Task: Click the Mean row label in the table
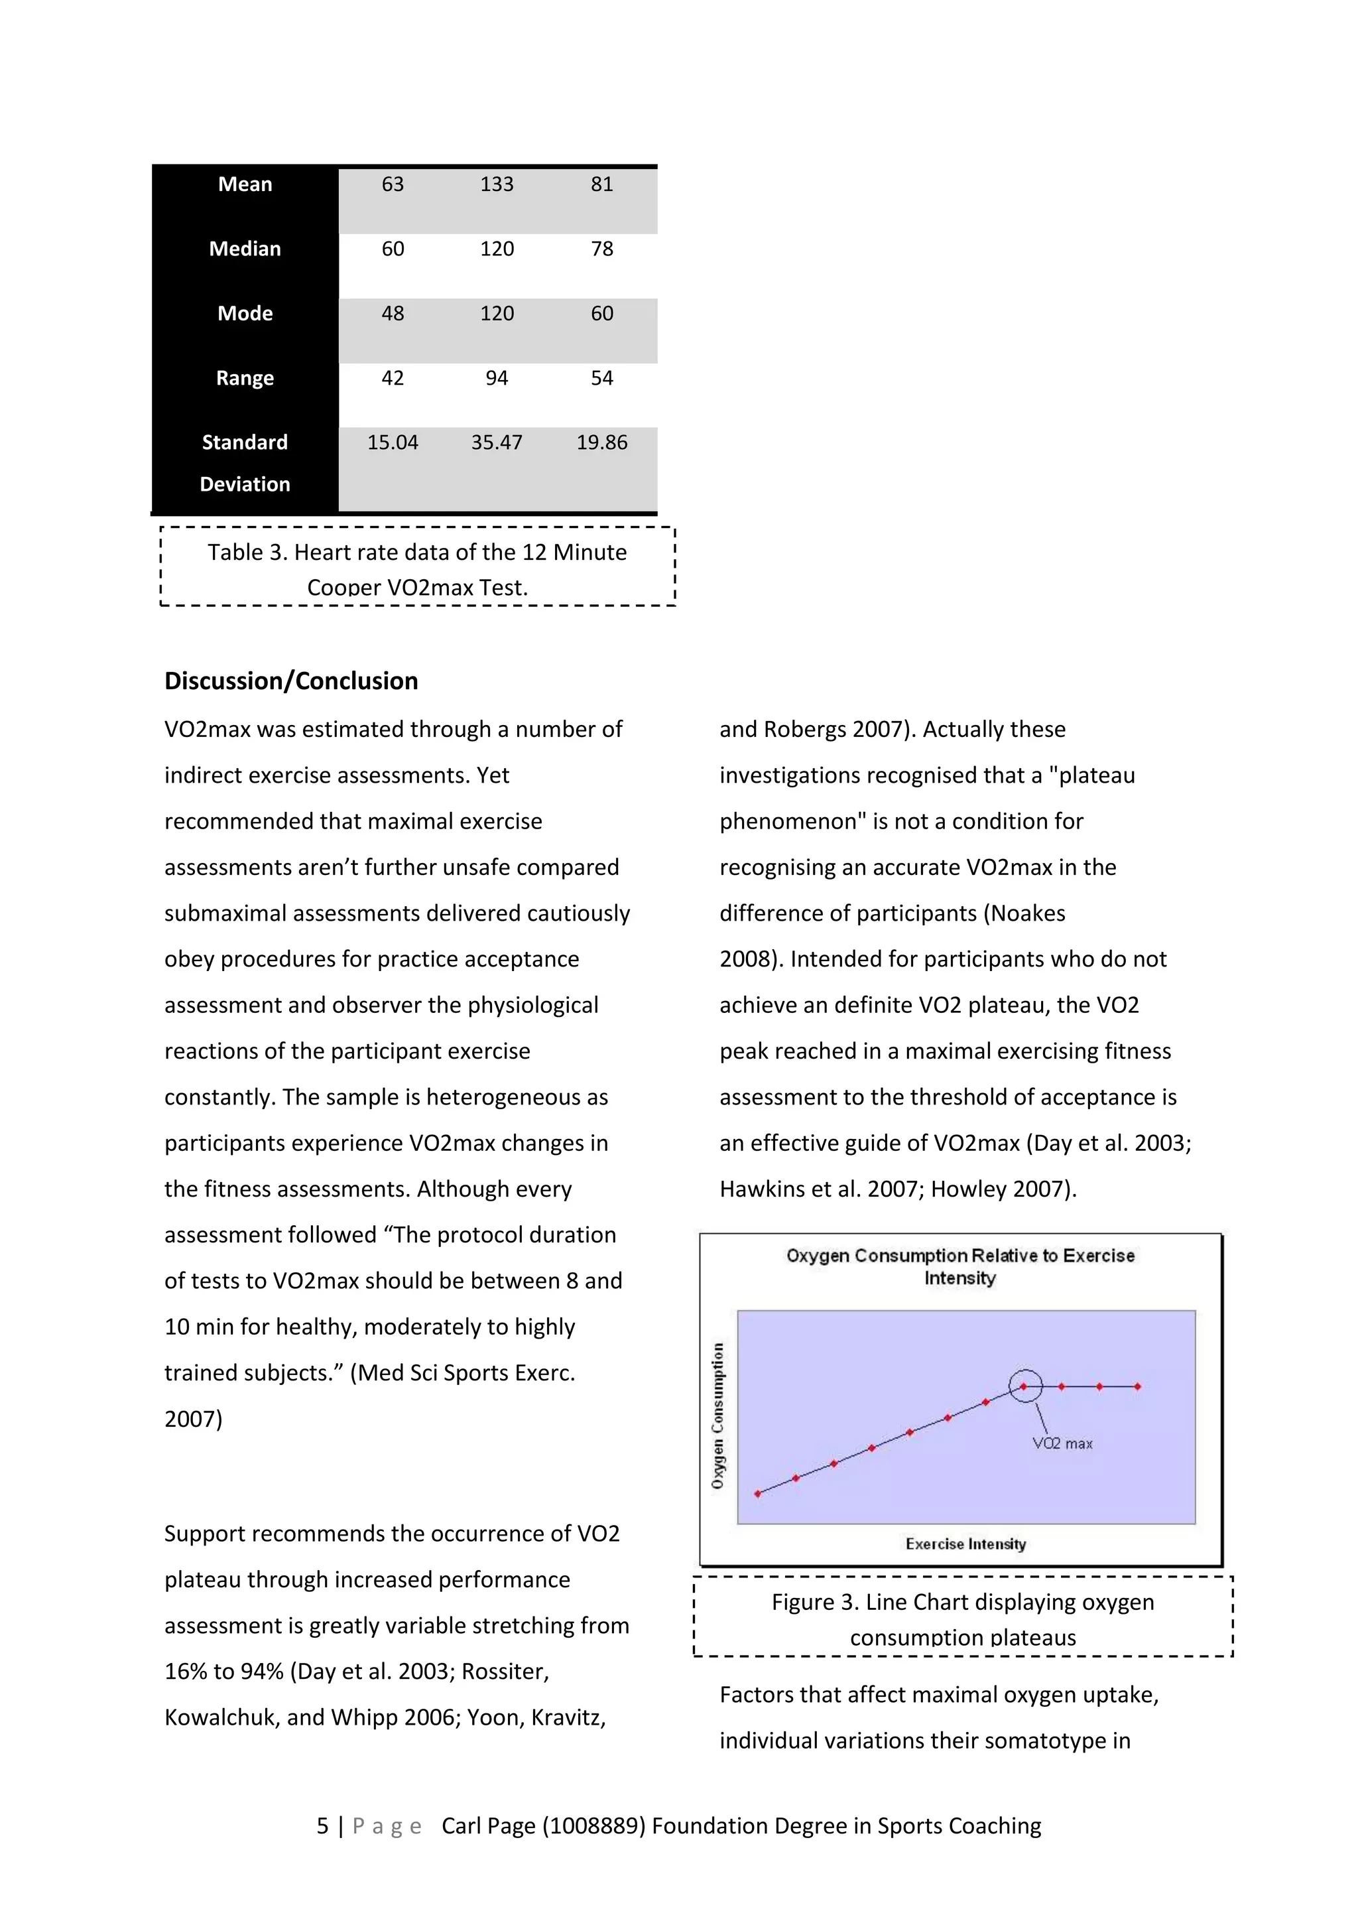[x=245, y=184]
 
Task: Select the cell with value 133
[x=497, y=184]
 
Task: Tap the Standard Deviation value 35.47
[x=497, y=442]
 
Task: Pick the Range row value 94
[x=497, y=377]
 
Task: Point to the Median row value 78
[x=601, y=249]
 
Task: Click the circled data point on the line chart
[x=1024, y=1386]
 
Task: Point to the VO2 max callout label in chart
[x=1062, y=1443]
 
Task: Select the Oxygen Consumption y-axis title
[x=717, y=1416]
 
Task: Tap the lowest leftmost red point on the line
[x=758, y=1493]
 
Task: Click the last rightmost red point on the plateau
[x=1137, y=1386]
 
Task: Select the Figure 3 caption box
[x=963, y=1617]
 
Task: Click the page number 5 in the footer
[x=322, y=1825]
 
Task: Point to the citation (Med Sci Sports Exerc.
[x=462, y=1372]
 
